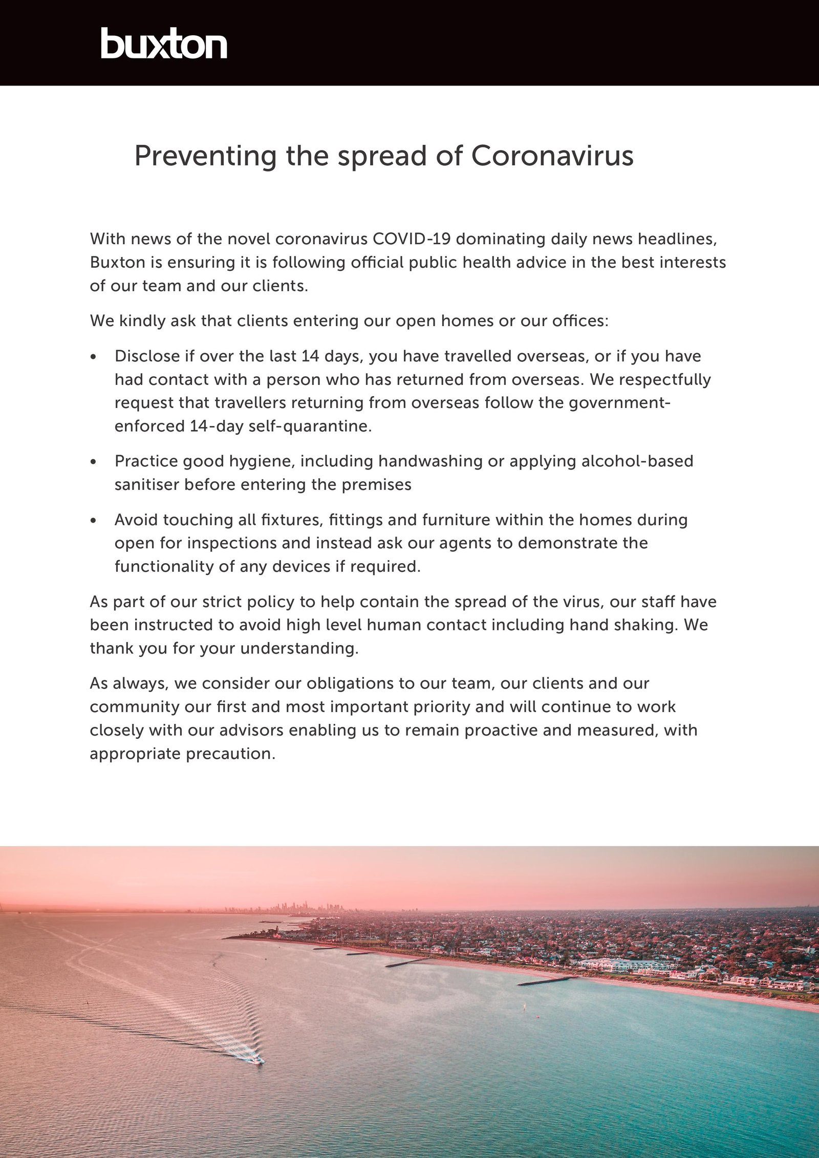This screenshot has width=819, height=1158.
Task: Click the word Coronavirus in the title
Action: (552, 156)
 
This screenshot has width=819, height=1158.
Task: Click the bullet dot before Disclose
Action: (93, 357)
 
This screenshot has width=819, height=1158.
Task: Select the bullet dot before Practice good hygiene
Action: (93, 462)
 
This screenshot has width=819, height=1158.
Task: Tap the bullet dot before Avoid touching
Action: (93, 521)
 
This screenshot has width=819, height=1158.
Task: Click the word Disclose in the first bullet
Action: (147, 356)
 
